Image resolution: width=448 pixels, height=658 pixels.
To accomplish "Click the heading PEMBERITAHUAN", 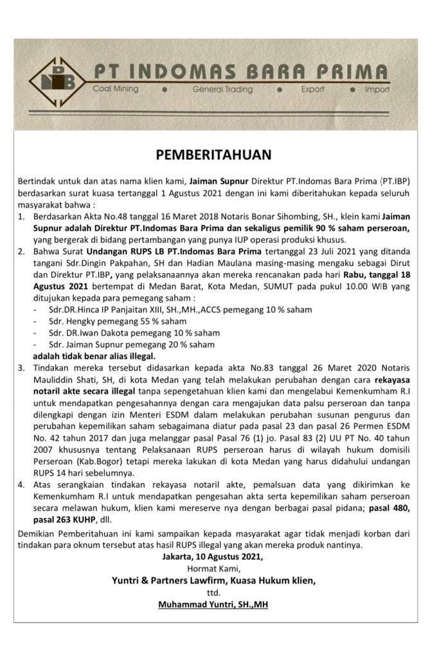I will (214, 155).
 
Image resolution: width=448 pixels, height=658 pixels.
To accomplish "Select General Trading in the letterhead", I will (222, 90).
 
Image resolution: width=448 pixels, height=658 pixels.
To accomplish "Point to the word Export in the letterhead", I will (313, 90).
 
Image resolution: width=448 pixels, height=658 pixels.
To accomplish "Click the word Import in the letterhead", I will (377, 90).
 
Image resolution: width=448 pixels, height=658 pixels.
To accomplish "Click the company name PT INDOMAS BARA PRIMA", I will (240, 71).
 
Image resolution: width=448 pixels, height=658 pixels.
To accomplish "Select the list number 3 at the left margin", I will (21, 368).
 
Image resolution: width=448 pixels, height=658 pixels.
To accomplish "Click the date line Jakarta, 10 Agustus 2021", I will (213, 556).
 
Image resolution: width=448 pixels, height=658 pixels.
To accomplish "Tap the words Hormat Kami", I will (213, 569).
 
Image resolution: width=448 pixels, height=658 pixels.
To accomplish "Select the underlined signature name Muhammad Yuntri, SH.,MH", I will (213, 605).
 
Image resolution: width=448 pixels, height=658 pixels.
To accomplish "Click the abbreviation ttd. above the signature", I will (213, 592).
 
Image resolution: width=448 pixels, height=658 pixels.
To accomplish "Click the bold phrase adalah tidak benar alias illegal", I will (94, 356).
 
